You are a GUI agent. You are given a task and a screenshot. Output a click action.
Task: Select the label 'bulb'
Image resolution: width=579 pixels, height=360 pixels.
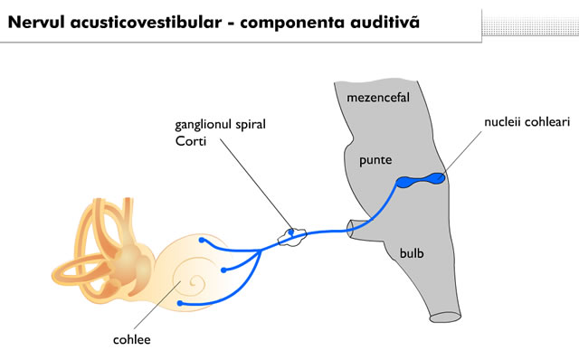point(412,254)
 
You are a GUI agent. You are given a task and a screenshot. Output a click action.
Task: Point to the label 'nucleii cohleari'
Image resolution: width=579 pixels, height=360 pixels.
point(525,120)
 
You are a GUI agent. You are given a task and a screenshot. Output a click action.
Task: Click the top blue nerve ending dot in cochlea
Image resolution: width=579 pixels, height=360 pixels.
point(202,242)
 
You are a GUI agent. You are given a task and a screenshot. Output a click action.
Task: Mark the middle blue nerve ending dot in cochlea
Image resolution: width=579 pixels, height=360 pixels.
point(223,270)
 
